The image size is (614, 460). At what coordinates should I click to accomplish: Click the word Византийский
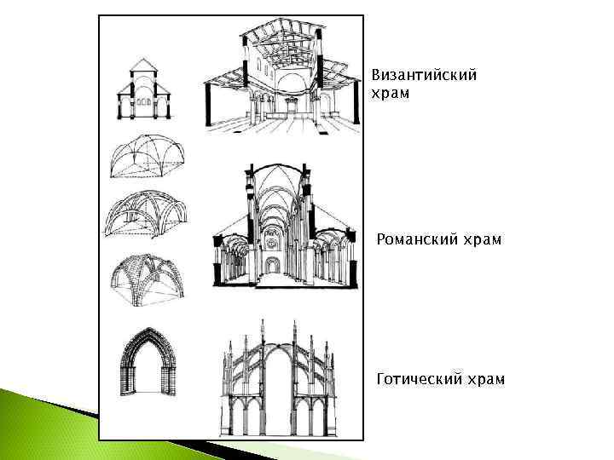[x=424, y=75]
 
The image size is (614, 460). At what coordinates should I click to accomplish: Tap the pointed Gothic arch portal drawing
[x=148, y=360]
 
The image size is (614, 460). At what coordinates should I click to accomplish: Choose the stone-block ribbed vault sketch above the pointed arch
[x=145, y=278]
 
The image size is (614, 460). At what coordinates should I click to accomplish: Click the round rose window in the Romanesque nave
[x=271, y=242]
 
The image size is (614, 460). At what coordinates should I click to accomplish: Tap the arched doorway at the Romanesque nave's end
[x=271, y=265]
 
